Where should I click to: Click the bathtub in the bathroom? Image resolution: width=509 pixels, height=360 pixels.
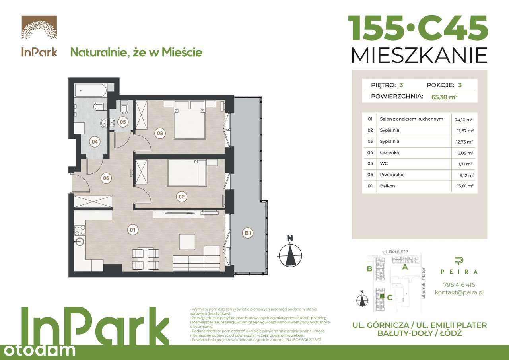[91, 90]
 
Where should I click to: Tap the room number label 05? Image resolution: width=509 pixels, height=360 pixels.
[122, 122]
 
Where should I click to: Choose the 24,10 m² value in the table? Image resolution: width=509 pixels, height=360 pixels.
[463, 119]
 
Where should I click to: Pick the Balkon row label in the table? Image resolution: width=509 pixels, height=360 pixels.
[388, 186]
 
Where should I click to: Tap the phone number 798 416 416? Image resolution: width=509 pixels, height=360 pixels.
[458, 285]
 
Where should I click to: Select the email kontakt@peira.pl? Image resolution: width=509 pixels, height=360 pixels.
[458, 292]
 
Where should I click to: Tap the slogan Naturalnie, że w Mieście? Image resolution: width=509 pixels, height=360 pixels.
[136, 52]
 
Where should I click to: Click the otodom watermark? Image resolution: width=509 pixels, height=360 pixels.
[38, 350]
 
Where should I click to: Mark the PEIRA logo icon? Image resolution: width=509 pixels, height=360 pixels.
[458, 261]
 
